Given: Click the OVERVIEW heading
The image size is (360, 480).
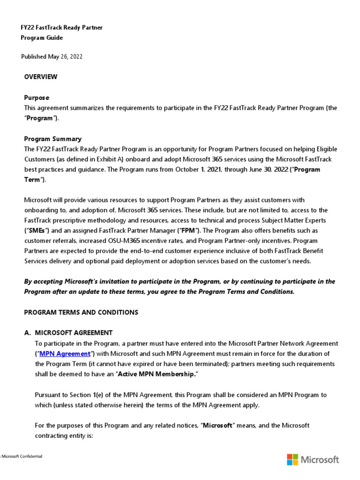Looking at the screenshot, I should click(41, 77).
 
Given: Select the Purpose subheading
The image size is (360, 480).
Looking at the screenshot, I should click(37, 97).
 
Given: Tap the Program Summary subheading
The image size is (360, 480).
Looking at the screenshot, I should click(52, 139).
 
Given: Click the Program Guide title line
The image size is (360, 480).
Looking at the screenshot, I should click(42, 37).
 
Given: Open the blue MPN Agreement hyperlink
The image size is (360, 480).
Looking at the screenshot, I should click(65, 353).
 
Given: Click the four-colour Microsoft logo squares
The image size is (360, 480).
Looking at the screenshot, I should click(292, 459).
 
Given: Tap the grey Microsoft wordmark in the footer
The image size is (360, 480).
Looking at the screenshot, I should click(320, 459).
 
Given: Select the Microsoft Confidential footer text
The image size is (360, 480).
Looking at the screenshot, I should click(22, 457).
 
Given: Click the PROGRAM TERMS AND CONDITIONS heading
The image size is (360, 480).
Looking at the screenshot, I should click(81, 312).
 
